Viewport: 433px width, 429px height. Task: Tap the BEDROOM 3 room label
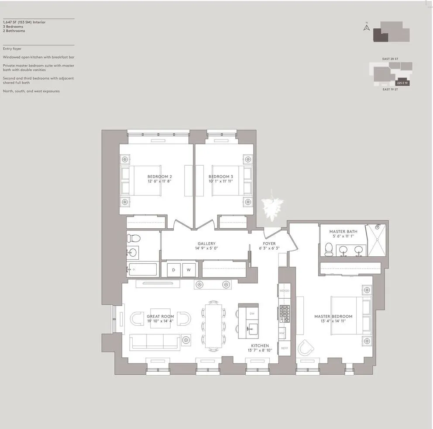(x=220, y=177)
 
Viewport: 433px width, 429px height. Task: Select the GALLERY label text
(x=206, y=244)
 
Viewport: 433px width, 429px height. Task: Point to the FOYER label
(x=269, y=244)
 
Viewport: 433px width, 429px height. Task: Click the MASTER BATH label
(x=343, y=231)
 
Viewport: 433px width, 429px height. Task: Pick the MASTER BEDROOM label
(x=333, y=316)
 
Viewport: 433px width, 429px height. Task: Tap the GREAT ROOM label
(x=160, y=316)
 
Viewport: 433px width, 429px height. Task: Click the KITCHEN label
(x=260, y=345)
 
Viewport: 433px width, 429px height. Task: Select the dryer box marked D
(x=173, y=270)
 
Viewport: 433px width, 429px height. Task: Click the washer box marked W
(x=189, y=270)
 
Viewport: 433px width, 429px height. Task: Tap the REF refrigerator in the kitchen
(x=284, y=348)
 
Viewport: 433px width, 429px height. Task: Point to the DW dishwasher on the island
(x=252, y=314)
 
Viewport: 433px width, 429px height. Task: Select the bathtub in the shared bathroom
(x=142, y=269)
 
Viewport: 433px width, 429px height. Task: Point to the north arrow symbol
(x=367, y=28)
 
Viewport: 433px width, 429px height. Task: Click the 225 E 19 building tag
(x=402, y=83)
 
